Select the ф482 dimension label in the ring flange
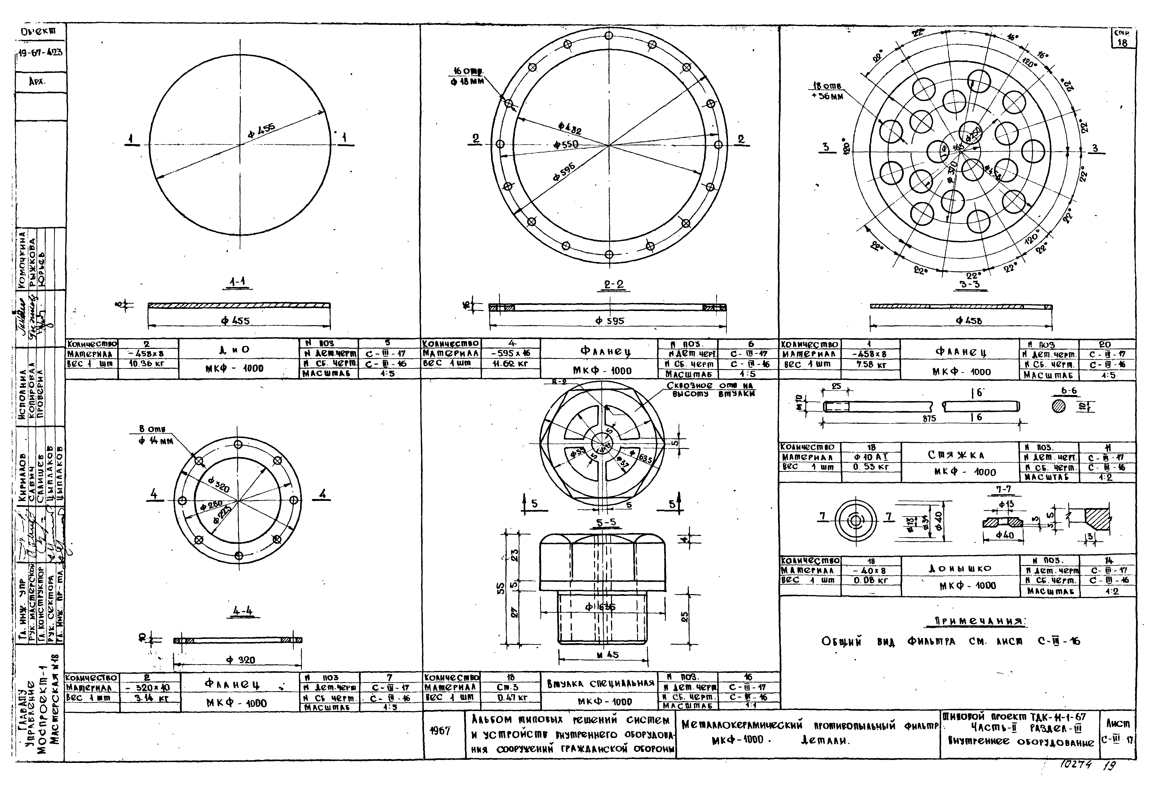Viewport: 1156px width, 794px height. point(570,129)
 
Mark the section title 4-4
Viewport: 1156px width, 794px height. point(243,611)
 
